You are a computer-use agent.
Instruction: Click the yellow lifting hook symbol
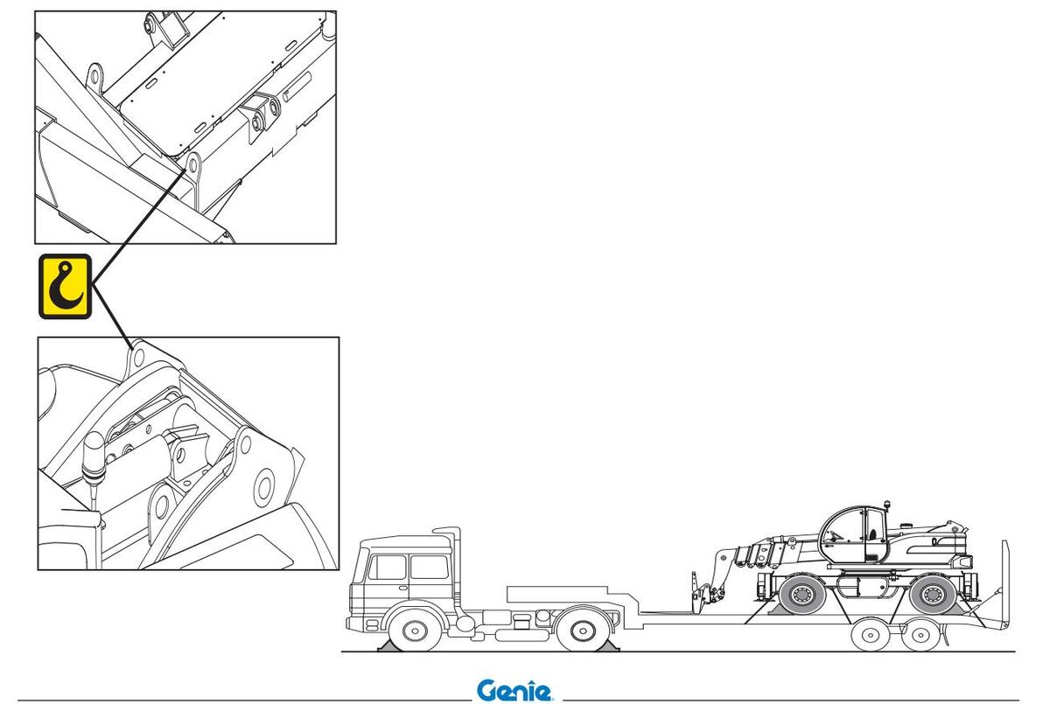(x=65, y=286)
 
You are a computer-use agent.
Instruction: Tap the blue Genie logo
(x=514, y=690)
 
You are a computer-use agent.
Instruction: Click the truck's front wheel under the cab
(x=415, y=631)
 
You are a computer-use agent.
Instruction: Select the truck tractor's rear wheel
(x=583, y=631)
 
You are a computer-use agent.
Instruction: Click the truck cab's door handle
(x=402, y=588)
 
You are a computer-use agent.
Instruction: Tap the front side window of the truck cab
(x=387, y=567)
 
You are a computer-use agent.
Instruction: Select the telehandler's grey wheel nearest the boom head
(x=802, y=595)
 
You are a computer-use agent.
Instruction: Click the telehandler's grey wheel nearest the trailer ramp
(x=933, y=595)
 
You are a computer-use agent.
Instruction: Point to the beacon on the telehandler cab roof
(x=886, y=505)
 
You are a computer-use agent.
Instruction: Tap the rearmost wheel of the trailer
(x=921, y=635)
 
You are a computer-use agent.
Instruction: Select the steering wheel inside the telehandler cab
(x=836, y=535)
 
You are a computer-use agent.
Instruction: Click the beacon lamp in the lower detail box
(x=94, y=457)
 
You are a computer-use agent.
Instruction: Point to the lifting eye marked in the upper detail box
(x=192, y=164)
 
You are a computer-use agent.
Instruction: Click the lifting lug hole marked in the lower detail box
(x=139, y=357)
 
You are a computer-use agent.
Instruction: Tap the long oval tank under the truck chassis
(x=522, y=636)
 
